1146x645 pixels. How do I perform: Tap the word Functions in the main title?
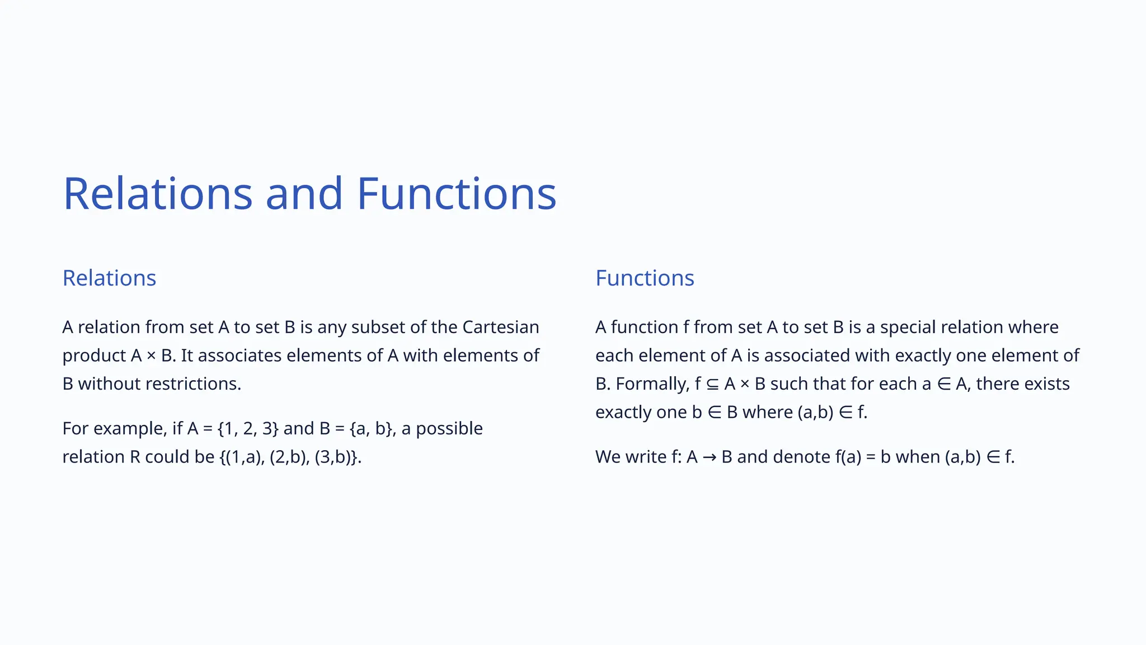click(x=456, y=194)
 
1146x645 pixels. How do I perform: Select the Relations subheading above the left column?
click(x=109, y=278)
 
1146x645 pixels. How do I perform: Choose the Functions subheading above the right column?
click(x=645, y=278)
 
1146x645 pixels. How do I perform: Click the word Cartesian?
click(x=500, y=327)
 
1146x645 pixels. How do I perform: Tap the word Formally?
click(x=652, y=384)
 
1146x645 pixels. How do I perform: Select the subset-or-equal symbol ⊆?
click(x=712, y=384)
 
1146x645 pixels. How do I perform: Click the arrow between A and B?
click(x=710, y=457)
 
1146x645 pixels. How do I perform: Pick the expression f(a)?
click(x=848, y=457)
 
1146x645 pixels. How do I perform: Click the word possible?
click(x=449, y=428)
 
